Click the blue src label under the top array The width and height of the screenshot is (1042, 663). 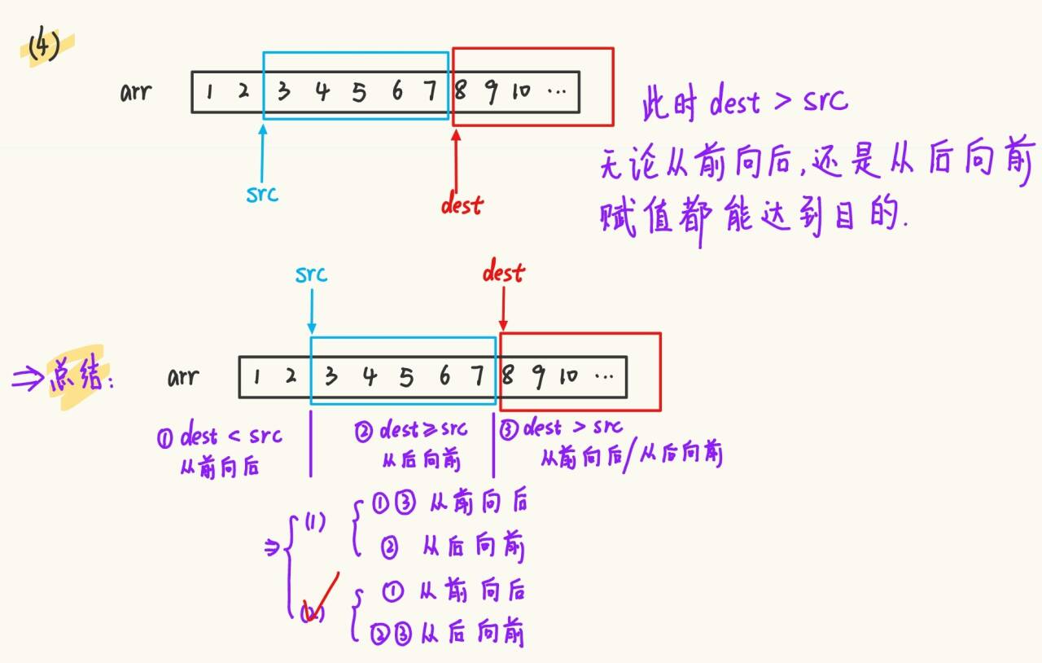262,193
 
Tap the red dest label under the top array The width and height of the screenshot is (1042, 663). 462,204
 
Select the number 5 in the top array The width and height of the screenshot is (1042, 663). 359,92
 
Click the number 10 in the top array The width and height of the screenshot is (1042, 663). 520,91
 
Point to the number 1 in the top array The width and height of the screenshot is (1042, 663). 209,92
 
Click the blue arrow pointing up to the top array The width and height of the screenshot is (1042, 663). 263,150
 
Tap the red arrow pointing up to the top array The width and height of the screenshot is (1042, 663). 456,159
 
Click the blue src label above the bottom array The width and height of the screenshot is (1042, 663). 311,274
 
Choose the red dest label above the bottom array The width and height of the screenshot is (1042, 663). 503,273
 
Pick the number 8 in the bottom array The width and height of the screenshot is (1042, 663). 508,376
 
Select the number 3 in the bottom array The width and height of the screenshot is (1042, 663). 331,376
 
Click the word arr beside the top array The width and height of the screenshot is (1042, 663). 136,91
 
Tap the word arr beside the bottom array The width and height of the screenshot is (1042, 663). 183,377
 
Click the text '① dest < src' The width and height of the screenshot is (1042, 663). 220,437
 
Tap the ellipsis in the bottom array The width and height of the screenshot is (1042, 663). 604,377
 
